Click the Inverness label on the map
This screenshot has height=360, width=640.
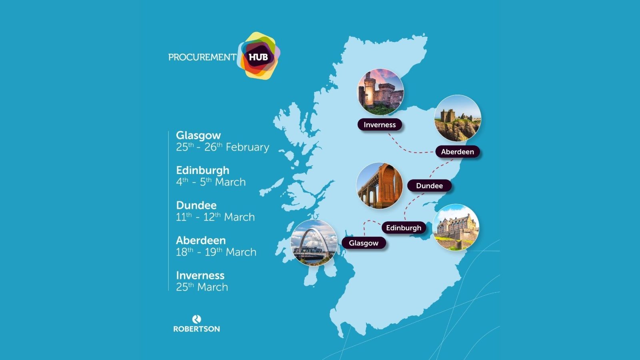tap(380, 125)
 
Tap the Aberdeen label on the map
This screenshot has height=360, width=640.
tap(457, 152)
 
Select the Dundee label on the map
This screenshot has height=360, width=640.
tap(429, 186)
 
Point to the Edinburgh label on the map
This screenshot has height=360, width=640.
tap(404, 228)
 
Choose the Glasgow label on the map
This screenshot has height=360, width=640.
tap(364, 243)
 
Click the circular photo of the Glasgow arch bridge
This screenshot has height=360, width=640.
tap(314, 243)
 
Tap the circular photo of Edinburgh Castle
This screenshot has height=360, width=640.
tap(456, 228)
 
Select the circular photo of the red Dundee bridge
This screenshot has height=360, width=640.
tap(379, 186)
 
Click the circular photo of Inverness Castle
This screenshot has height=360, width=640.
tap(380, 92)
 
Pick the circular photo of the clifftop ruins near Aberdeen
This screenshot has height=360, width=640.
tap(458, 118)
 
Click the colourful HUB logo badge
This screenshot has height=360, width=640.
tap(259, 56)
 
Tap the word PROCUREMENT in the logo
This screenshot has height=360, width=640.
tap(202, 57)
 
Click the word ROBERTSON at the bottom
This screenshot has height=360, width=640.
tap(196, 329)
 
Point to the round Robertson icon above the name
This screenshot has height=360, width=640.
tap(196, 319)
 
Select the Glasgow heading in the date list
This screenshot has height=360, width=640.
tap(198, 135)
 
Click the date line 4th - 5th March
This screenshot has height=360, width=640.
tap(211, 182)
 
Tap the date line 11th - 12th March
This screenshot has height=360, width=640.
tap(215, 217)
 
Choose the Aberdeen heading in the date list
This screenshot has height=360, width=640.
tap(201, 240)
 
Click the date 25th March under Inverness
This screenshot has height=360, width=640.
tap(202, 287)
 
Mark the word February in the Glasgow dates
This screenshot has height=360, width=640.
tap(247, 148)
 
